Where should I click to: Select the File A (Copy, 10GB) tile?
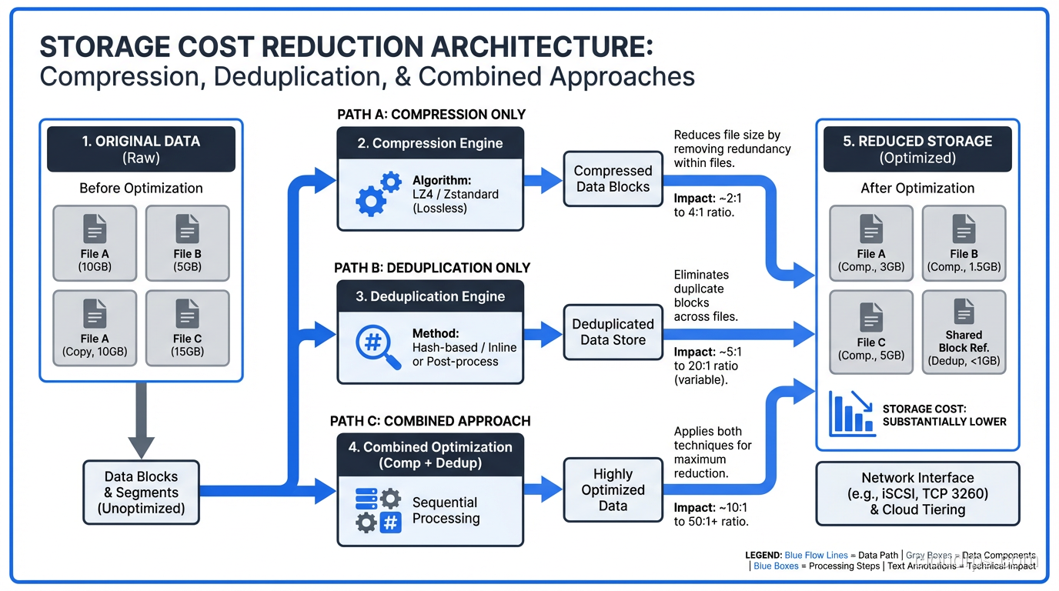pyautogui.click(x=95, y=328)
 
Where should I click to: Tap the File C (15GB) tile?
pyautogui.click(x=187, y=328)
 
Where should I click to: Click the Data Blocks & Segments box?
pyautogui.click(x=141, y=492)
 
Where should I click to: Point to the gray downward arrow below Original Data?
pyautogui.click(x=141, y=420)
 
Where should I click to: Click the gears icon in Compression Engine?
pyautogui.click(x=378, y=193)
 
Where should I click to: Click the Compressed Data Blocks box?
pyautogui.click(x=613, y=179)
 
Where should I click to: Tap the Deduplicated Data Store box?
pyautogui.click(x=613, y=332)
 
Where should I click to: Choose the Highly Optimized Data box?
pyautogui.click(x=613, y=489)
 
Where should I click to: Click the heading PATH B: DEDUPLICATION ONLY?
pyautogui.click(x=432, y=268)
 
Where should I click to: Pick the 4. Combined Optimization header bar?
pyautogui.click(x=430, y=455)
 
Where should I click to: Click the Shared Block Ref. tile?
pyautogui.click(x=964, y=332)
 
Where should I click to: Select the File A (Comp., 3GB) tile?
pyautogui.click(x=871, y=243)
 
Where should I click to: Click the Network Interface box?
pyautogui.click(x=917, y=493)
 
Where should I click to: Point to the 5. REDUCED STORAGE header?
pyautogui.click(x=917, y=149)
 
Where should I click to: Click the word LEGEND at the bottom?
pyautogui.click(x=763, y=555)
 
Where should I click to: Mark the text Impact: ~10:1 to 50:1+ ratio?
pyautogui.click(x=711, y=515)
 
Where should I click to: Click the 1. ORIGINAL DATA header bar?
pyautogui.click(x=141, y=149)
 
